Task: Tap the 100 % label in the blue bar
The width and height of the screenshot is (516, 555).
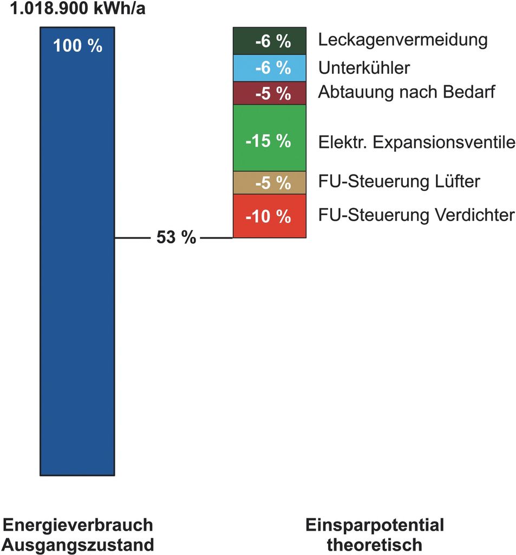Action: click(x=77, y=46)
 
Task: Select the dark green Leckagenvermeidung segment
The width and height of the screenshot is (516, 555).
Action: click(x=269, y=41)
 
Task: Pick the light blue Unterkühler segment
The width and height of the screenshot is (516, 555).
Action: click(x=269, y=68)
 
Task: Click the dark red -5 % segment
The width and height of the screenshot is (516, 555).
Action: click(x=269, y=93)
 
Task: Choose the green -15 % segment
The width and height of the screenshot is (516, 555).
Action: click(x=269, y=138)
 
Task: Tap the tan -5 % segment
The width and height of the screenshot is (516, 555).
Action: click(x=269, y=183)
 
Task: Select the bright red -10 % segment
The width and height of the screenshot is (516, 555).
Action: click(x=269, y=216)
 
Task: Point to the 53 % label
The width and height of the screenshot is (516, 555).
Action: click(x=176, y=237)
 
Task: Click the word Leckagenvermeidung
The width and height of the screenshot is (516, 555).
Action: click(x=403, y=40)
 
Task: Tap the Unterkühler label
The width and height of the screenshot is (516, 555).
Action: click(x=364, y=68)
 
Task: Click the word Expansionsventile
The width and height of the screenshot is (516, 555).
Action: click(x=444, y=143)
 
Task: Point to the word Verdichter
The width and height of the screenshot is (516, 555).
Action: click(x=475, y=215)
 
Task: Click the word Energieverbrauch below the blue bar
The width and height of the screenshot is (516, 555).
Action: click(x=78, y=525)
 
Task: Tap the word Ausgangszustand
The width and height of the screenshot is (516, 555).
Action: click(x=78, y=544)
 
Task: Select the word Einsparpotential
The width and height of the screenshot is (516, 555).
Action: click(x=375, y=525)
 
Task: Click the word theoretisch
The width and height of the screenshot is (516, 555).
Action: click(x=375, y=544)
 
